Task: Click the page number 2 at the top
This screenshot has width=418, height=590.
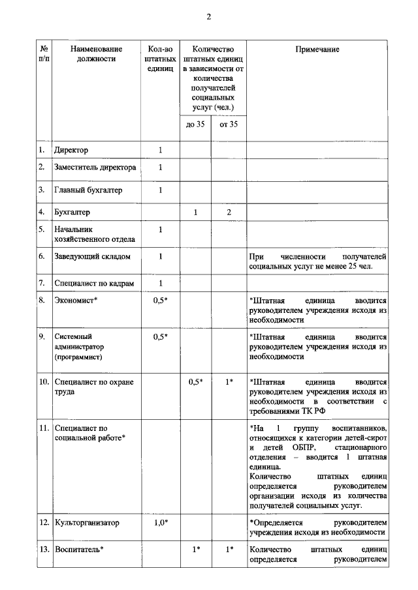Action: pos(209,18)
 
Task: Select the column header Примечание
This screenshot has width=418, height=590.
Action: pos(318,50)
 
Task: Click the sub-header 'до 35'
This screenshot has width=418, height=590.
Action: pos(195,125)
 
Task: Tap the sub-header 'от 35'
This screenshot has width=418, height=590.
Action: pos(229,125)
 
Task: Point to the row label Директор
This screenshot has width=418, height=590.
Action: pos(71,151)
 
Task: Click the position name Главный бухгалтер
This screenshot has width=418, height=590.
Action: pos(88,190)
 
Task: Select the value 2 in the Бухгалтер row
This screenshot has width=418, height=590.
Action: pos(229,212)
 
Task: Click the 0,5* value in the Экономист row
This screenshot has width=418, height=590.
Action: pos(160,301)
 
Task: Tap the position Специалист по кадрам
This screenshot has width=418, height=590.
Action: pos(93,283)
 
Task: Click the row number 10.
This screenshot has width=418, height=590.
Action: pos(43,381)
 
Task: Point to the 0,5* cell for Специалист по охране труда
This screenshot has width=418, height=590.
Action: pos(195,381)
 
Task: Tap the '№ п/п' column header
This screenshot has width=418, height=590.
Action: pos(43,54)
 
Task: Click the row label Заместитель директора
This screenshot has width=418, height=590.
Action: pos(95,168)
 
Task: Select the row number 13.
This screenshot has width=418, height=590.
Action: pos(43,549)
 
